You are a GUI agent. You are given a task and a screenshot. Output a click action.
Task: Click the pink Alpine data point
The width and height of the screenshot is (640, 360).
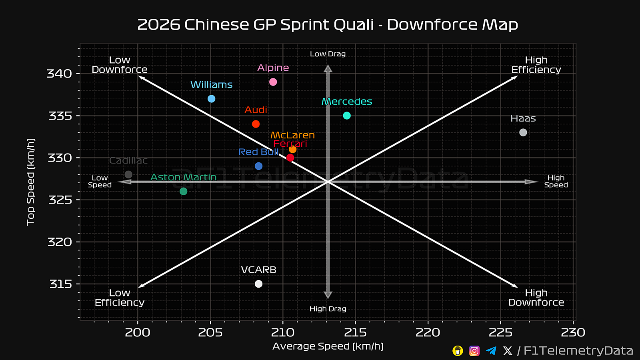coord(273,82)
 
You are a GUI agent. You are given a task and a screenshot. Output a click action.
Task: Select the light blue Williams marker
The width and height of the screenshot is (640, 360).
coord(212,99)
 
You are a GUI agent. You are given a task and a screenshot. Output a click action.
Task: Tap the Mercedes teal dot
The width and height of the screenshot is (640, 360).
coord(347,116)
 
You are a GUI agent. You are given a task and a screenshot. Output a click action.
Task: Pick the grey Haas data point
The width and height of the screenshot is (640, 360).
coord(523,132)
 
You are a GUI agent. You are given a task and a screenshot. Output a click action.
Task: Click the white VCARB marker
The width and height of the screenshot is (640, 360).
coord(259,284)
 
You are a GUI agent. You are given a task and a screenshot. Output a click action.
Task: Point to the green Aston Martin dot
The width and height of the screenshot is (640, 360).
coord(184,191)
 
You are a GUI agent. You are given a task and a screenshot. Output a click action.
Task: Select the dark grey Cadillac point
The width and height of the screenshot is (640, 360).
coord(128,174)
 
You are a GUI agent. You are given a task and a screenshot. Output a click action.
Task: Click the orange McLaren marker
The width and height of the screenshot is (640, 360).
coord(293,149)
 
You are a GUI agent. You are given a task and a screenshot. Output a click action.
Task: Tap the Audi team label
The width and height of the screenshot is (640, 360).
coord(256,110)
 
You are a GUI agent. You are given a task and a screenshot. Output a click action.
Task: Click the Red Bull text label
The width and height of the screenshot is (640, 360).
coord(258,152)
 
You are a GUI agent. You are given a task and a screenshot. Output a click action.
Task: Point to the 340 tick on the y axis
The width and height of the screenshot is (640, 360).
coord(60,74)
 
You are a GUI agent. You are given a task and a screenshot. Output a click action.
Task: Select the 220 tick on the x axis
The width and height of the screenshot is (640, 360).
coord(428,332)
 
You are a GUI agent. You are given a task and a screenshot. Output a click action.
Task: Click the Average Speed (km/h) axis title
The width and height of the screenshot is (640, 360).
coord(328,346)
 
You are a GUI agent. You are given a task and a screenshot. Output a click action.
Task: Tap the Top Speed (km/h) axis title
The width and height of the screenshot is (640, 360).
coord(31,182)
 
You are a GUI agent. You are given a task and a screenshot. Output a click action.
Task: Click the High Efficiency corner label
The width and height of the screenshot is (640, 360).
coord(536,65)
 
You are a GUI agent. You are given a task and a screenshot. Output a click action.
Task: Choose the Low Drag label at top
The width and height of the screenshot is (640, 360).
coord(328,54)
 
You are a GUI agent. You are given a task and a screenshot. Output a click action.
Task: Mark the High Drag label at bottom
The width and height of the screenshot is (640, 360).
coord(328,309)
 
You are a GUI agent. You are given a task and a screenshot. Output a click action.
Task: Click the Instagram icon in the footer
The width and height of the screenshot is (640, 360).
coord(474,351)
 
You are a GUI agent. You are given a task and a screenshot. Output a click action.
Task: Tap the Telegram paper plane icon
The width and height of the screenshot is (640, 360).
coord(491,351)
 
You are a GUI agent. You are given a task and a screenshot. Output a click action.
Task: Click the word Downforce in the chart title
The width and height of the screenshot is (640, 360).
coord(432,25)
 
